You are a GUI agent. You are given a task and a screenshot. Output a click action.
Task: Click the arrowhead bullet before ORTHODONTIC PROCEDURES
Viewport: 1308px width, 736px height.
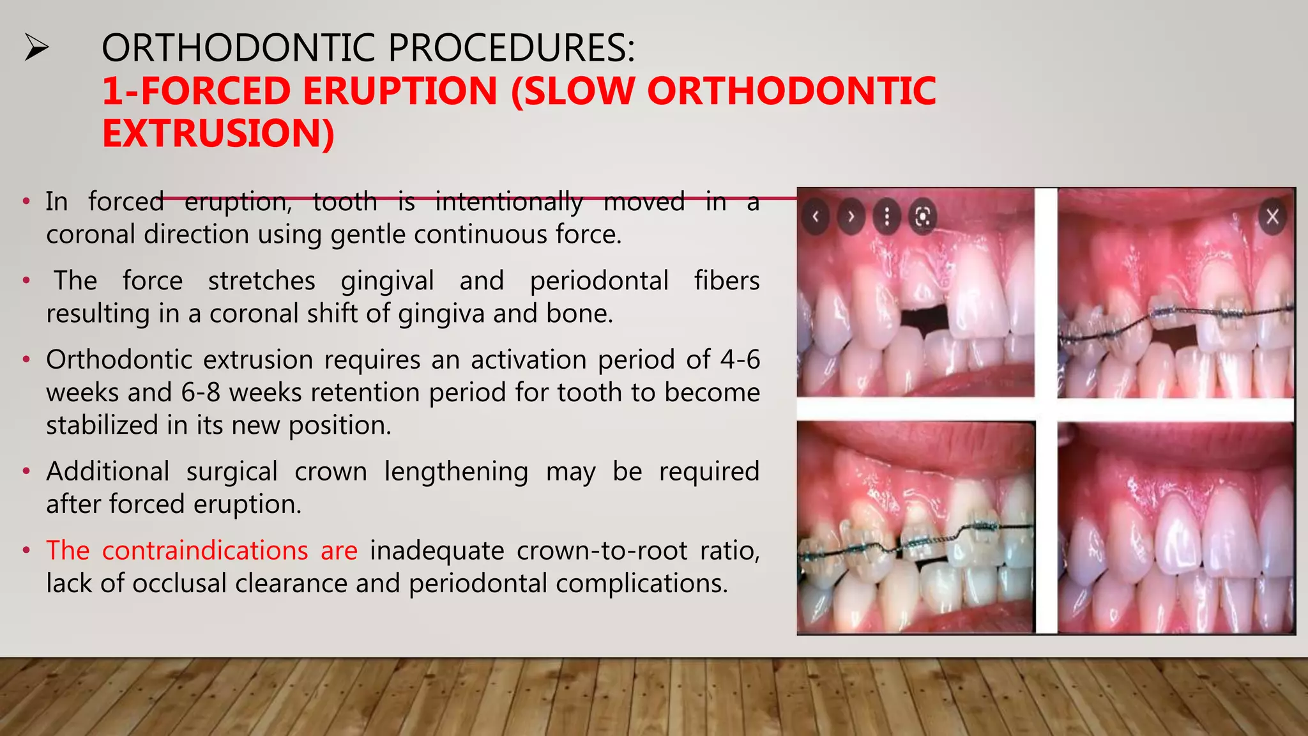click(36, 48)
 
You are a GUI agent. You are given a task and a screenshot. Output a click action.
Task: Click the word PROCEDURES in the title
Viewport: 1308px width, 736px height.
click(511, 48)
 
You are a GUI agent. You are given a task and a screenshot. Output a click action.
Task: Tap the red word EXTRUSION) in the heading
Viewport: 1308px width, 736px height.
click(218, 134)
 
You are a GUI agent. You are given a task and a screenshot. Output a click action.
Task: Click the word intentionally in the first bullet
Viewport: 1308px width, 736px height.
click(508, 202)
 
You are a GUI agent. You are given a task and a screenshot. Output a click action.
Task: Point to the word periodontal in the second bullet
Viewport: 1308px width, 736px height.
click(598, 281)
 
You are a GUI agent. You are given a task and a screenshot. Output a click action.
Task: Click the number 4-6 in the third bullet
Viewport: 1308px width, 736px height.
click(740, 360)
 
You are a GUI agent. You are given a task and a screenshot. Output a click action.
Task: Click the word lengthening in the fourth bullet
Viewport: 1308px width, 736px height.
click(456, 471)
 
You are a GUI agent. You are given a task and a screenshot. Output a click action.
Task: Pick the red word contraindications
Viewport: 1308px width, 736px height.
click(204, 551)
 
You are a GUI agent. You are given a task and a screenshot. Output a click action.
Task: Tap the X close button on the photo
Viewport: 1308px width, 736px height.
click(1272, 217)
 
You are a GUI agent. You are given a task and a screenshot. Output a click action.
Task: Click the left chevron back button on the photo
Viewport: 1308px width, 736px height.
click(816, 217)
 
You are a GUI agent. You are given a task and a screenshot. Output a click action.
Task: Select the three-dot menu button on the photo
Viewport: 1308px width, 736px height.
click(886, 217)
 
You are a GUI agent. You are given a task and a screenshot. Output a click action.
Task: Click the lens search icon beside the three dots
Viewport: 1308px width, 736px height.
click(922, 217)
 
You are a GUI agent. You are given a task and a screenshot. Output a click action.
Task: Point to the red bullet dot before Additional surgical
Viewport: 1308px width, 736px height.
click(26, 472)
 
